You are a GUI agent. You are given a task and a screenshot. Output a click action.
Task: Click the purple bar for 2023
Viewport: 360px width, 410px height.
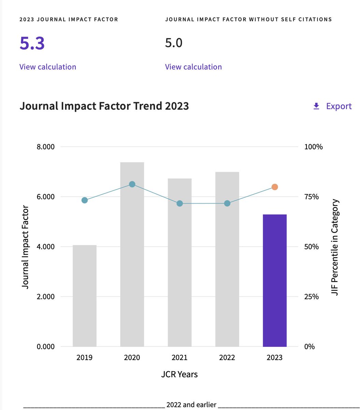[275, 280]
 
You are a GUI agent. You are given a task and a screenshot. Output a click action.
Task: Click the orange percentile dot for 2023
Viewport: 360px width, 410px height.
[275, 187]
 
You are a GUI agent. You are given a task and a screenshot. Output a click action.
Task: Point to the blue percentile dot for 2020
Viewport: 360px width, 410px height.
[132, 184]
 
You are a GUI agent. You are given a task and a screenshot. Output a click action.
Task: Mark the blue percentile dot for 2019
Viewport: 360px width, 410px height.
[85, 200]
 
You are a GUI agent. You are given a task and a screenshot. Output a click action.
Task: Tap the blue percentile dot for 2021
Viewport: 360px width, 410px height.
[180, 204]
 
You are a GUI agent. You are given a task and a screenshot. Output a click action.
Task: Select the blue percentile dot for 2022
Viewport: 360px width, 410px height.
[227, 204]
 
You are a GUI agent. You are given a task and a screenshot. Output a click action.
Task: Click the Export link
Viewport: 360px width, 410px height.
[333, 106]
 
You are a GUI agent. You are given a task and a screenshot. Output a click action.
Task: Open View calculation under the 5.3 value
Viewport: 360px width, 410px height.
[48, 67]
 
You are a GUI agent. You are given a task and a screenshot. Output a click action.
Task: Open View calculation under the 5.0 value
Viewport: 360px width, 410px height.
[193, 67]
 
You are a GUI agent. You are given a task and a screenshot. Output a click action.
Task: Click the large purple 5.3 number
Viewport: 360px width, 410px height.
[32, 43]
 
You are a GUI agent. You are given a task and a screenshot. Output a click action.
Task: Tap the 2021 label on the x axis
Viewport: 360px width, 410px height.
[180, 358]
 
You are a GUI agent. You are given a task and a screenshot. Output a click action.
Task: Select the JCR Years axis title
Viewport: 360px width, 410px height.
[179, 374]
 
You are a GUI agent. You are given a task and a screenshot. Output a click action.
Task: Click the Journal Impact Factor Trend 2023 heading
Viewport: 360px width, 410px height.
[104, 106]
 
